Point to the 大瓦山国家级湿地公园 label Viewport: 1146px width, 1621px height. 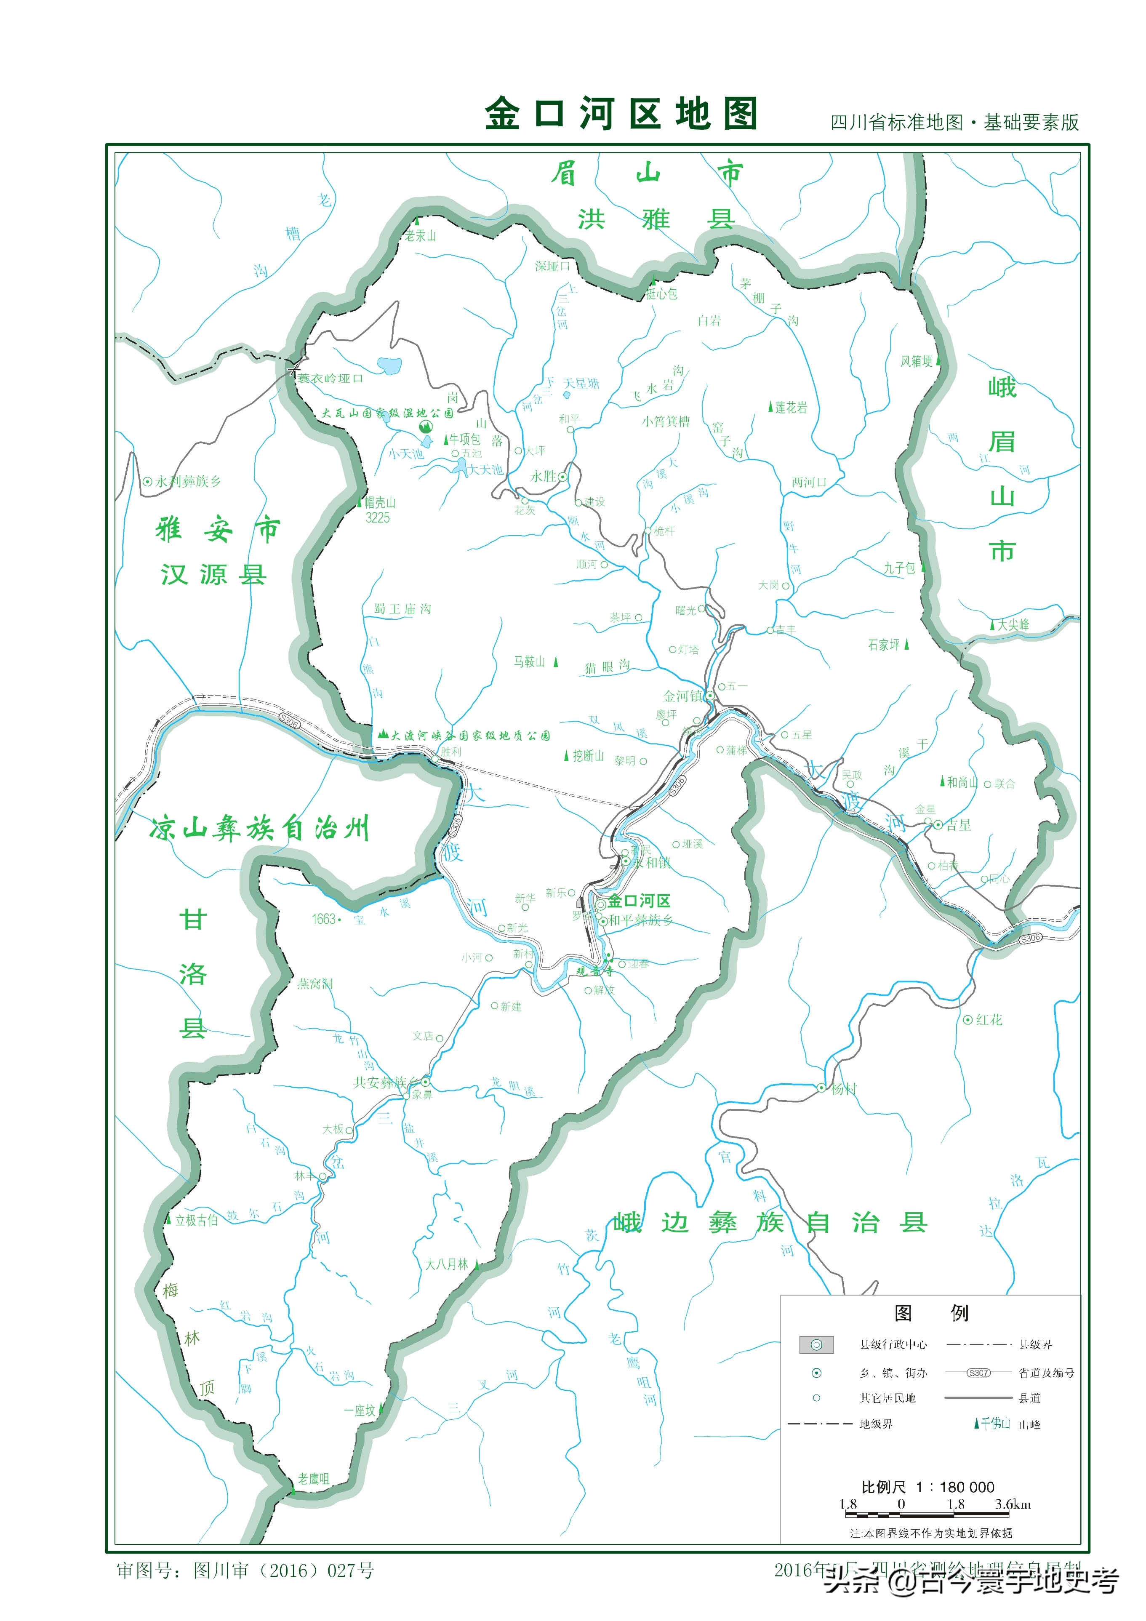click(387, 413)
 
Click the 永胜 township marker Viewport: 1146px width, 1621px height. click(563, 477)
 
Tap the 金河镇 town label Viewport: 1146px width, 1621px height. click(683, 696)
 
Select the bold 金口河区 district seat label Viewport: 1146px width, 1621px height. click(639, 901)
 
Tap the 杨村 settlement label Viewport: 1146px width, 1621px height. click(843, 1089)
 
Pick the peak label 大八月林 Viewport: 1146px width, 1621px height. click(447, 1264)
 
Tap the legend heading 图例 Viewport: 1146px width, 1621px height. click(930, 1312)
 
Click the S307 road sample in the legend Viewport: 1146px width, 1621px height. click(978, 1373)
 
